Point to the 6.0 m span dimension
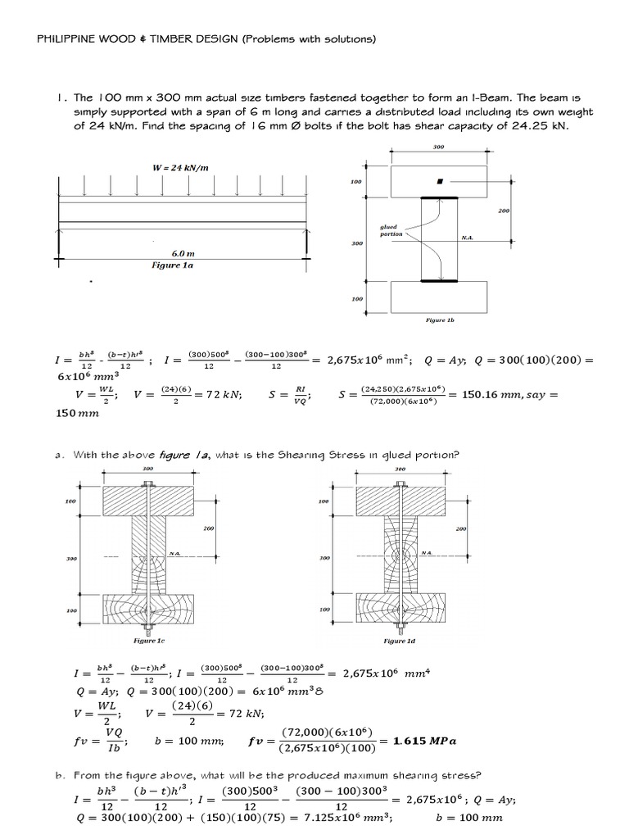183,254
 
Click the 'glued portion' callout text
391,230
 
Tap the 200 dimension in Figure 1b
502,211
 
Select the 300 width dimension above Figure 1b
439,147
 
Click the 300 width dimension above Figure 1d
400,469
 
